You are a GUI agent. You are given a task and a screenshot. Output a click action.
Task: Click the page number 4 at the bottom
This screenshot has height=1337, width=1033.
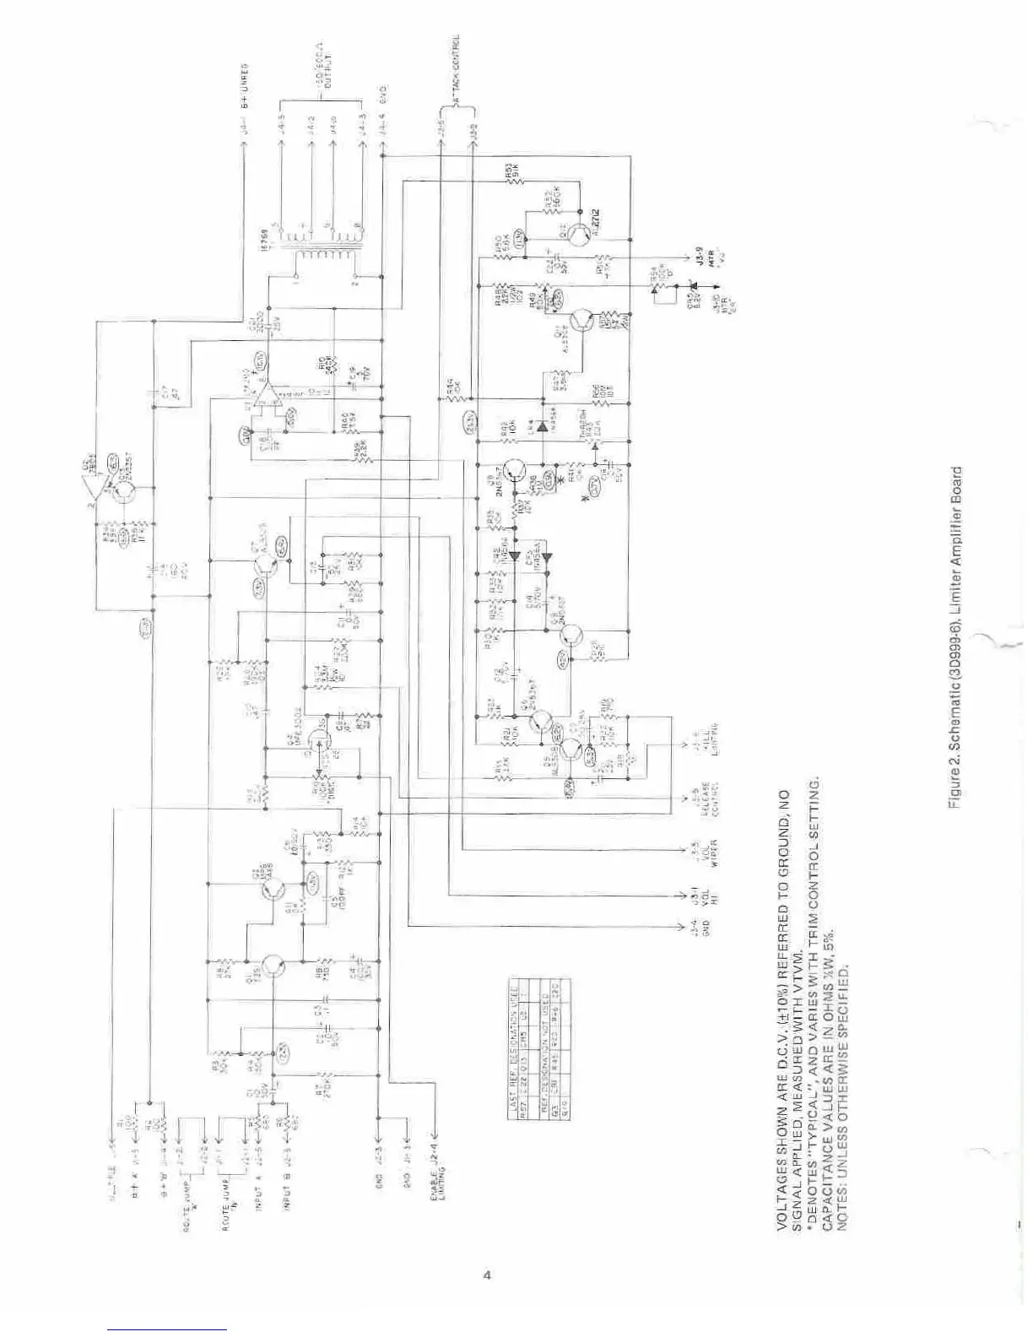[x=486, y=1275]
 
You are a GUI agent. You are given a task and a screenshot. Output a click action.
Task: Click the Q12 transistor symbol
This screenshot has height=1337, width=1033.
[x=579, y=233]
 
